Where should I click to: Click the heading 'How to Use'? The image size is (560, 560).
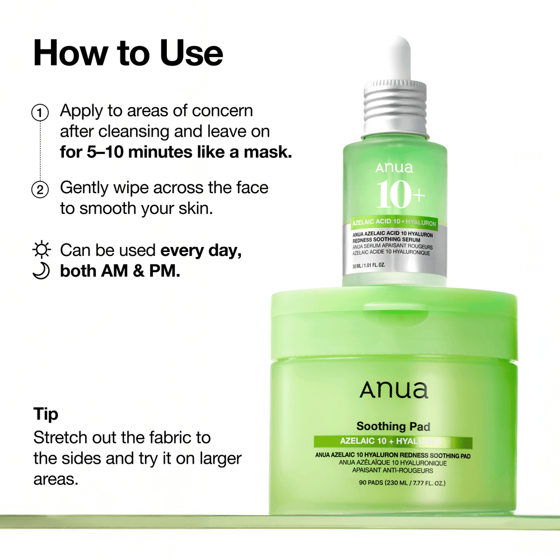coord(128,54)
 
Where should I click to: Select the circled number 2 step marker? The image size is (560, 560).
coord(40,189)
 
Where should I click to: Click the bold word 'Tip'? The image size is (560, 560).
coord(45,414)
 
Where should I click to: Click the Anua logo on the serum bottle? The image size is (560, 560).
coord(394,167)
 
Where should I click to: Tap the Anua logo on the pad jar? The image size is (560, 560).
coord(394,390)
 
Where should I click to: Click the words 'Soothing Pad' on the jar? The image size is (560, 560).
coord(393,427)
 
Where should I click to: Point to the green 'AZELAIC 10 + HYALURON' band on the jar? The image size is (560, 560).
coord(393,442)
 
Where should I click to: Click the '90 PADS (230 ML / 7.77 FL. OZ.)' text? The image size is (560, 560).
coord(393,483)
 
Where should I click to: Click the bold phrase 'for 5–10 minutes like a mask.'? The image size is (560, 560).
coord(176,152)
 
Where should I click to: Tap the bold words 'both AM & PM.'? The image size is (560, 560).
coord(120,272)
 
